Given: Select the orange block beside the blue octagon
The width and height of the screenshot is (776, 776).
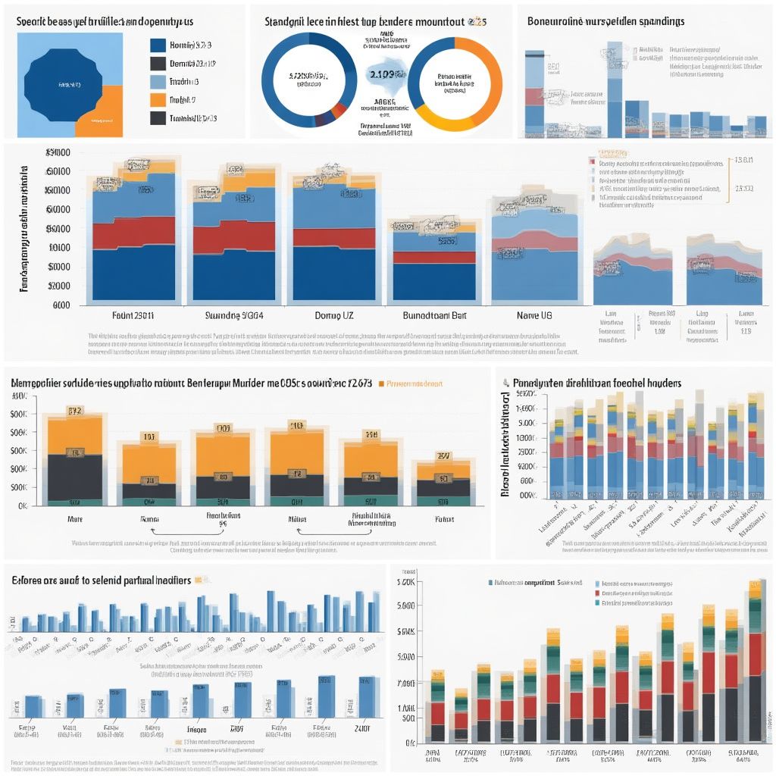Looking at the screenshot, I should click(x=107, y=111).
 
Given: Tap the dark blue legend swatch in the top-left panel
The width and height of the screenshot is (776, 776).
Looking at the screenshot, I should click(x=158, y=45).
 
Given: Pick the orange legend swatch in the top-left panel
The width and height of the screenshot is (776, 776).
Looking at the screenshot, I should click(x=158, y=99).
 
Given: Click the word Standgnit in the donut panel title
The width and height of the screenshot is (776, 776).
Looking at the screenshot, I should click(x=289, y=22).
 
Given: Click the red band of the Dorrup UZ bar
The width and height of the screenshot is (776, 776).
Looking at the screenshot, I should click(x=333, y=238).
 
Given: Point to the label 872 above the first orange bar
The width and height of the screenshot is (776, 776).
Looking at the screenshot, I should click(x=75, y=411).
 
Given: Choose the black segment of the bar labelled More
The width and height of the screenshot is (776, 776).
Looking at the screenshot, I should click(x=75, y=477).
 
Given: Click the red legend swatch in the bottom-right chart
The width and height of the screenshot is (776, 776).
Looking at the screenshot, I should click(x=599, y=593).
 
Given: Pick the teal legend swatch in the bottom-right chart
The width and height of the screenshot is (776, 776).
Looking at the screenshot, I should click(x=599, y=603).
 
